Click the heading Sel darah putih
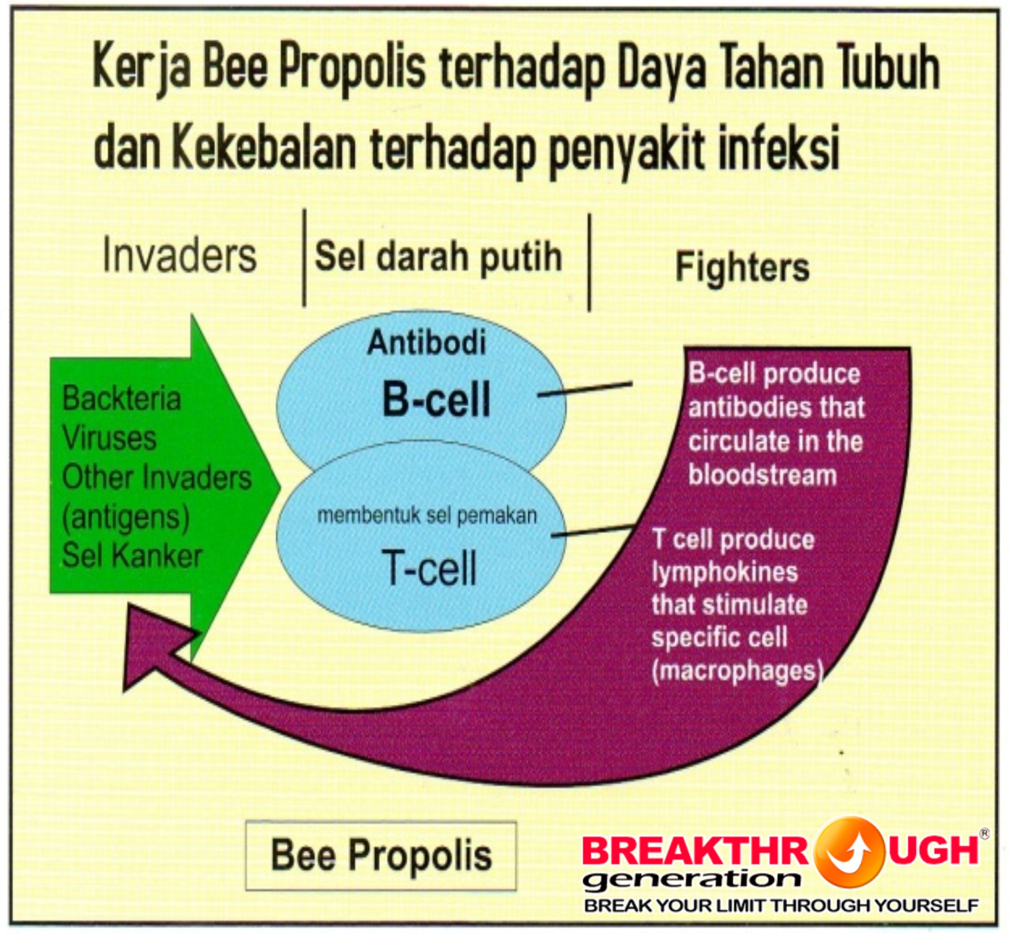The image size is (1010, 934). click(438, 257)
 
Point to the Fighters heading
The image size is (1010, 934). click(742, 267)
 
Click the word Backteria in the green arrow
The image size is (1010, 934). click(122, 398)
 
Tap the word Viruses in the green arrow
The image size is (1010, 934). click(109, 438)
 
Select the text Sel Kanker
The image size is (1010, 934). click(132, 555)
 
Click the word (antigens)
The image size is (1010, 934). click(126, 517)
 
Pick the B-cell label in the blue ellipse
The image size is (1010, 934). click(436, 399)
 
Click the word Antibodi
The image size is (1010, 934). click(427, 343)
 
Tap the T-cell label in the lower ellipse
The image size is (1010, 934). click(429, 568)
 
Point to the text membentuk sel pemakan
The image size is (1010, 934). click(427, 516)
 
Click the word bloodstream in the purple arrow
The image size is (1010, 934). click(763, 474)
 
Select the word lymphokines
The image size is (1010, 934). click(725, 572)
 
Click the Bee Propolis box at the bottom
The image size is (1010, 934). click(381, 855)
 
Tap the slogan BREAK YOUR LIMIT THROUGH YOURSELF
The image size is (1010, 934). click(781, 906)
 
